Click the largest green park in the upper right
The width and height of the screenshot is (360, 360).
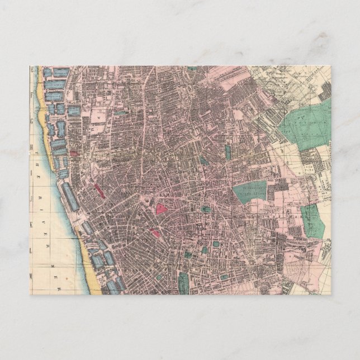(302, 126)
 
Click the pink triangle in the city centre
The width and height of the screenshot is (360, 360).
(162, 209)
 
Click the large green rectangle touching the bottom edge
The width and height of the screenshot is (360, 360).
(183, 283)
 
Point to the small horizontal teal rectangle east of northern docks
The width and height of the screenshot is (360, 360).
(120, 112)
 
